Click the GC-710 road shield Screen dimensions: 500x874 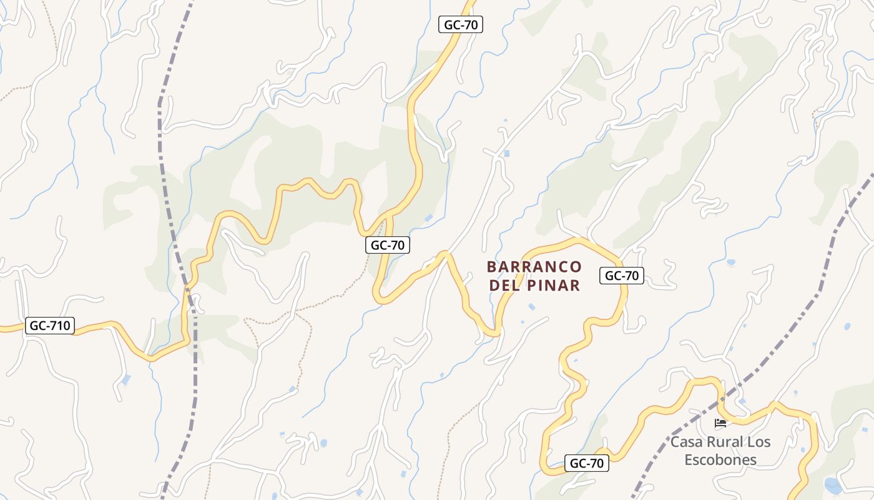50,326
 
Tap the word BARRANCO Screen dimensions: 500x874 534,267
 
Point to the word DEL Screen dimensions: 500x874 506,286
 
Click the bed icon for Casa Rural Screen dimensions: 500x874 720,423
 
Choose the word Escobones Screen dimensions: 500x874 720,460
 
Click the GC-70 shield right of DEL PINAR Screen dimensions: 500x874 622,276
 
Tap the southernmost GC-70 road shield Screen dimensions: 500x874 587,463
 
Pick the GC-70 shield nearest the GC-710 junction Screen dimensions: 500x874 388,246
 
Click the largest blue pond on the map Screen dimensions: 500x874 832,485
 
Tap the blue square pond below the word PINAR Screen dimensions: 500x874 531,307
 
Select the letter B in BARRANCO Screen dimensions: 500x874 491,267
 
